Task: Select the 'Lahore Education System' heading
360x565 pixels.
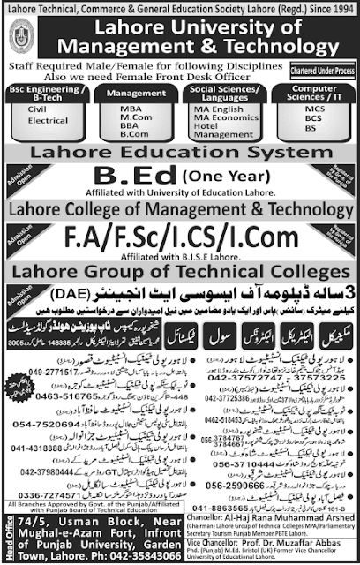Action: [180, 142]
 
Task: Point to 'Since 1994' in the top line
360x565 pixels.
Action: [324, 8]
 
